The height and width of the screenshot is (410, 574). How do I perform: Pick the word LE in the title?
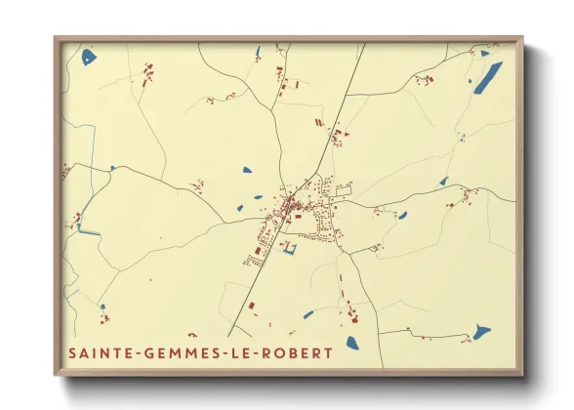click(x=242, y=351)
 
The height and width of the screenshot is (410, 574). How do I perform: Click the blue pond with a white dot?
click(x=89, y=57)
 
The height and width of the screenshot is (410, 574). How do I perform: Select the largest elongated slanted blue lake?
click(x=487, y=78)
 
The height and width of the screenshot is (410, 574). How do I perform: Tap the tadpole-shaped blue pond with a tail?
click(x=479, y=332)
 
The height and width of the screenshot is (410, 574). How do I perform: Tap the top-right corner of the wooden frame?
click(x=521, y=40)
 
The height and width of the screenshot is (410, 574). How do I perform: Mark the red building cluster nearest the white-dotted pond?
click(x=148, y=73)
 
